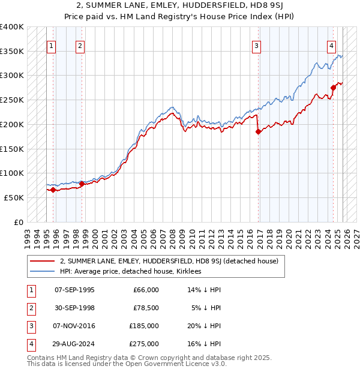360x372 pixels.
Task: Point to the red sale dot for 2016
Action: pyautogui.click(x=259, y=132)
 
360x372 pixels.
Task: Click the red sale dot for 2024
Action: pyautogui.click(x=334, y=88)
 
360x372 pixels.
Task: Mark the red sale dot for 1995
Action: pyautogui.click(x=53, y=190)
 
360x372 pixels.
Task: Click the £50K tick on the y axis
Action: pyautogui.click(x=13, y=197)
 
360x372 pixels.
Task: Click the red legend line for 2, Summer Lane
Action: pyautogui.click(x=43, y=262)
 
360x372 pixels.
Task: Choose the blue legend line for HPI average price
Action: pyautogui.click(x=43, y=272)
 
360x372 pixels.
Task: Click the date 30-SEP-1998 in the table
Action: pyautogui.click(x=74, y=308)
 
